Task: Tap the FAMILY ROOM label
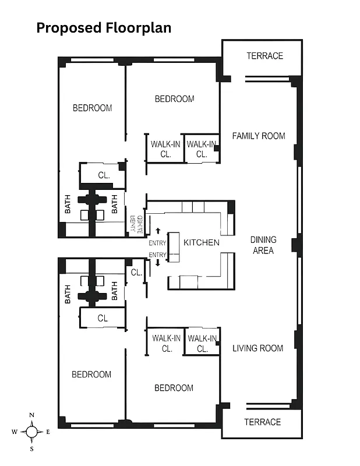pos(259,136)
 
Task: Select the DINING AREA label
pos(263,245)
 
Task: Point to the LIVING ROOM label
pos(258,348)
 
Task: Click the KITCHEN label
pos(202,242)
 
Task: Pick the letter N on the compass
pos(32,415)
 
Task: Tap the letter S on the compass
pos(32,449)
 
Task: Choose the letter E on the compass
pos(48,432)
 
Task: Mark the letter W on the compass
pos(15,432)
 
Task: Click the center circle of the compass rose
pos(32,432)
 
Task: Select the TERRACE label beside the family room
pos(264,56)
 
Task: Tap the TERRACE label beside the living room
pos(262,422)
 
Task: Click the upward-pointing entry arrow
pos(157,232)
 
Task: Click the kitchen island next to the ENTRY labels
pos(173,247)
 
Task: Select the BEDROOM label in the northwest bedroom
pos(92,108)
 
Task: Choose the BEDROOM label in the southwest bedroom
pos(91,374)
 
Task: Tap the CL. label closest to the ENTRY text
pos(136,272)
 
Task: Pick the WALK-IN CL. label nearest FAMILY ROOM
pos(202,149)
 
